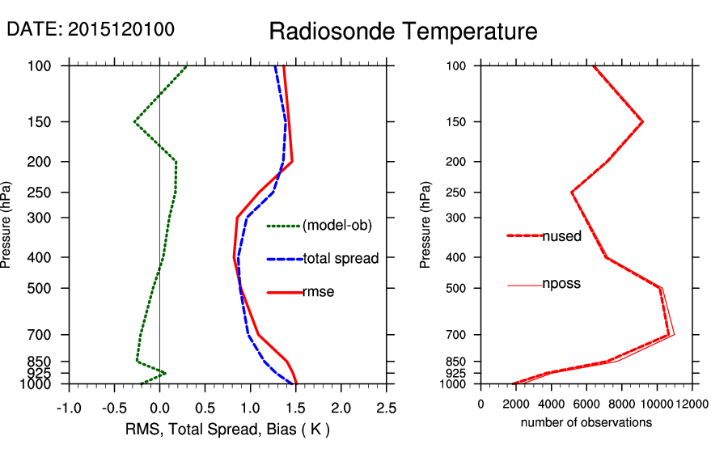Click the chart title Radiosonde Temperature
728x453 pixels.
click(403, 32)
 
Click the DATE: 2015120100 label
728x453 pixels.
click(91, 29)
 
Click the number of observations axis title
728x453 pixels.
click(586, 422)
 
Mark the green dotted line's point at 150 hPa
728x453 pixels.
click(134, 122)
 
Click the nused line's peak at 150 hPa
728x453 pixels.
click(642, 122)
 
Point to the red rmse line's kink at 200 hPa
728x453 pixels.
click(291, 162)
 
